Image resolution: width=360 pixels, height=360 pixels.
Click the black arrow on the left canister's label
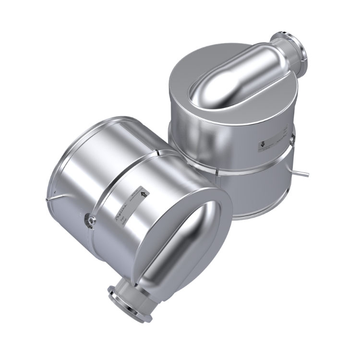point(143,192)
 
